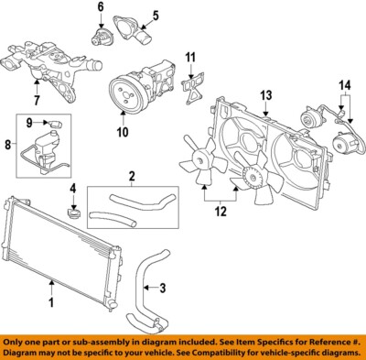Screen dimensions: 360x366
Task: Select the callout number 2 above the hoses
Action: click(x=132, y=176)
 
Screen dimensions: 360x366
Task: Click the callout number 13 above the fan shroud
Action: click(x=265, y=94)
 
